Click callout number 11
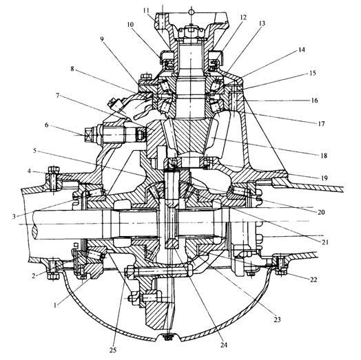tap(146, 11)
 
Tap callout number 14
tap(301, 50)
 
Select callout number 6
tap(47, 125)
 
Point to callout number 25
tap(113, 350)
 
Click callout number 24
tap(224, 345)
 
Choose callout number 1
tap(55, 305)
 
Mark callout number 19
tap(324, 178)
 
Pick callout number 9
tap(102, 39)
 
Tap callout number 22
tap(313, 279)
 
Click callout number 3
tap(14, 216)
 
